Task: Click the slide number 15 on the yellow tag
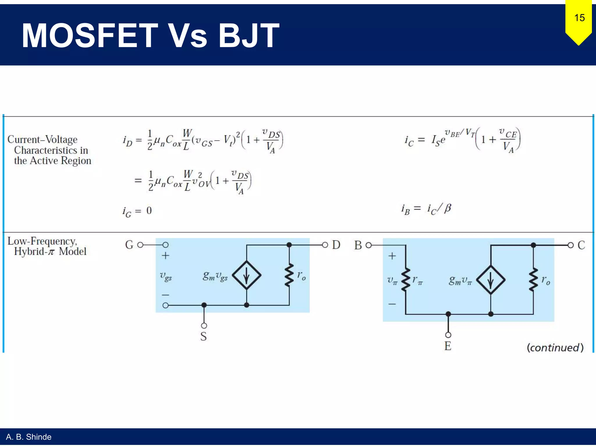(x=579, y=18)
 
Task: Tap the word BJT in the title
(x=249, y=36)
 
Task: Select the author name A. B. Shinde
(x=29, y=437)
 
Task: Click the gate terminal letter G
(x=129, y=245)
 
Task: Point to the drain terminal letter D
(x=336, y=245)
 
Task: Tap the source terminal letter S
(x=203, y=336)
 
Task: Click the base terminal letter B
(x=358, y=245)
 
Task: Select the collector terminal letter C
(x=581, y=245)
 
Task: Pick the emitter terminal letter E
(x=448, y=346)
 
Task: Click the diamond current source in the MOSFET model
(x=246, y=275)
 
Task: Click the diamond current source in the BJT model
(x=491, y=280)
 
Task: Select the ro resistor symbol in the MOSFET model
(x=289, y=275)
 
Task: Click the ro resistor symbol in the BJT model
(x=533, y=280)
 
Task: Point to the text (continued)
(x=555, y=347)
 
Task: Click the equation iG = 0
(x=137, y=211)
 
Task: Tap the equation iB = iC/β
(x=426, y=209)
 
